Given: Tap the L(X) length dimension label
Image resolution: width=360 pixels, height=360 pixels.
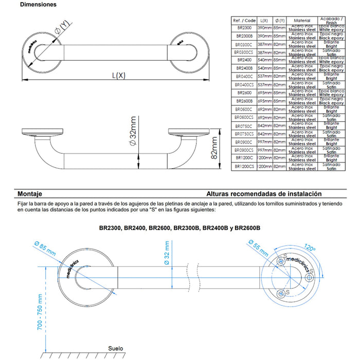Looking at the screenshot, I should pyautogui.click(x=119, y=76).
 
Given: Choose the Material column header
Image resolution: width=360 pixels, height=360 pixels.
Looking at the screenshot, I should pyautogui.click(x=302, y=21).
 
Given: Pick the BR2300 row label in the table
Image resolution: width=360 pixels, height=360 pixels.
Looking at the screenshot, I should pyautogui.click(x=244, y=28).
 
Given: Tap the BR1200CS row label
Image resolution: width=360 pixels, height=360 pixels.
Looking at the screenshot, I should pyautogui.click(x=244, y=167).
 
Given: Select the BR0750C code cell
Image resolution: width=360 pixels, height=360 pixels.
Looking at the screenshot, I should pyautogui.click(x=244, y=126).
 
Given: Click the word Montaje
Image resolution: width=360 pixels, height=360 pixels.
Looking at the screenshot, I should pyautogui.click(x=30, y=194).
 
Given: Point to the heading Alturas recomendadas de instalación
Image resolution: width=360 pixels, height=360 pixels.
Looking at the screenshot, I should pyautogui.click(x=264, y=194).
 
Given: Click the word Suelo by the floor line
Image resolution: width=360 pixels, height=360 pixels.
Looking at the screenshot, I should pyautogui.click(x=116, y=349).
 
